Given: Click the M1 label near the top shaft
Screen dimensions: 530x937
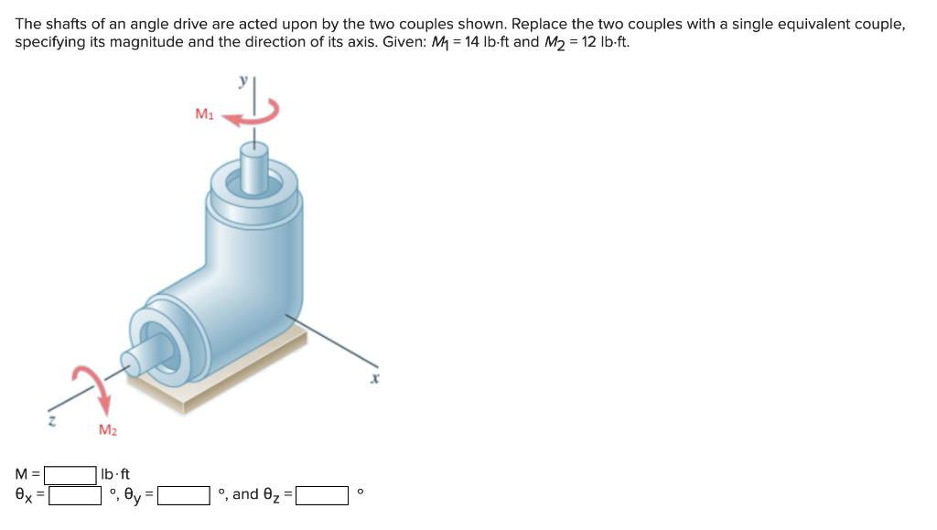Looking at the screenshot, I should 204,114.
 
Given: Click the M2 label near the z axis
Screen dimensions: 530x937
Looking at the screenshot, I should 107,428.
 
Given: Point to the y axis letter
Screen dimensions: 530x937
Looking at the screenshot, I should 242,81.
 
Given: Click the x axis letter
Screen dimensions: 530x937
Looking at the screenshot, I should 375,376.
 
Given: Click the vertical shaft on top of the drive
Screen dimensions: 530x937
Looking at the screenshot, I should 253,165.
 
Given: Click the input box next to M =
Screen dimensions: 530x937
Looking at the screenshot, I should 71,474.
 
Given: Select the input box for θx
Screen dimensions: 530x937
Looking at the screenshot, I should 75,495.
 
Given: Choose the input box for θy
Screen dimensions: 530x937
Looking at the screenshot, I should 185,495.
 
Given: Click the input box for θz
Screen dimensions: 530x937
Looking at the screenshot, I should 321,495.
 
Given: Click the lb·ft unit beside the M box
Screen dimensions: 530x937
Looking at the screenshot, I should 116,474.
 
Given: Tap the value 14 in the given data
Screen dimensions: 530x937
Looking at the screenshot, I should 472,43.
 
